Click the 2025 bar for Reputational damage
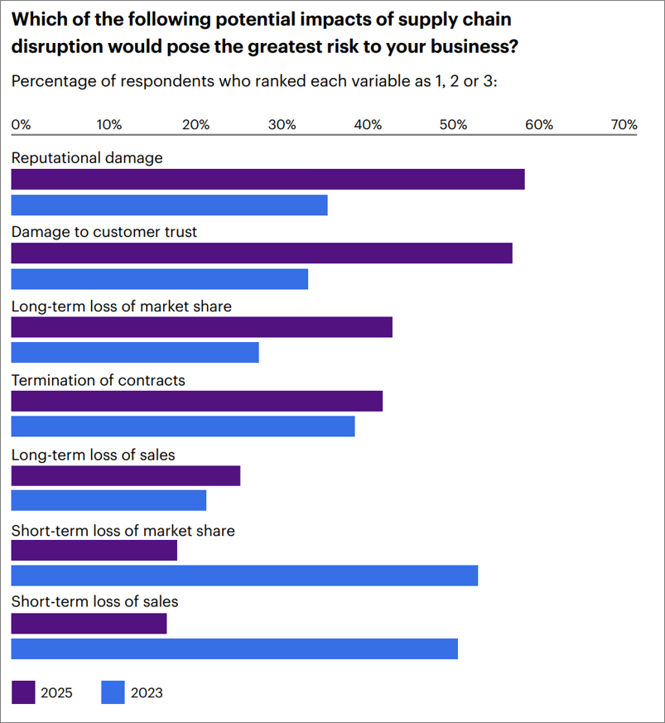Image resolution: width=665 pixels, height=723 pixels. point(267,179)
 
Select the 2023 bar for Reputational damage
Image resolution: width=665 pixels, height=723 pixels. point(169,205)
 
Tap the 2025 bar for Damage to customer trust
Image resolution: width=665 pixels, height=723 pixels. point(262,253)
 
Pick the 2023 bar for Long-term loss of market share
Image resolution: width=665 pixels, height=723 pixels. point(135,352)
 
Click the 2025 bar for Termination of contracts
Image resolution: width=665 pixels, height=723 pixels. point(197,402)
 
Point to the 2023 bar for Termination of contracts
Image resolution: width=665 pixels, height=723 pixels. point(183,427)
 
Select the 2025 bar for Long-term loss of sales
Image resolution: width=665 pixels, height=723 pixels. point(126,475)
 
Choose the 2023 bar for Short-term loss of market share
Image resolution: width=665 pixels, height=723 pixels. point(244,575)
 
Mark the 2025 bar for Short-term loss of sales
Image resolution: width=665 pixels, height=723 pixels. point(89,624)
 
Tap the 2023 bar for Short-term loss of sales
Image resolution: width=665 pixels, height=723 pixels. point(234,648)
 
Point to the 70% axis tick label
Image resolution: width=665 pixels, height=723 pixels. point(624,125)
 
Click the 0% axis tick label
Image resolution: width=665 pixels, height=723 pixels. point(21,125)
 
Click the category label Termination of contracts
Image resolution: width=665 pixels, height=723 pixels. point(98,381)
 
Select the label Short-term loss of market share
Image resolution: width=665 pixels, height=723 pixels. point(123,530)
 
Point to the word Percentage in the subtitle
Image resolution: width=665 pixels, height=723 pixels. point(51,82)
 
